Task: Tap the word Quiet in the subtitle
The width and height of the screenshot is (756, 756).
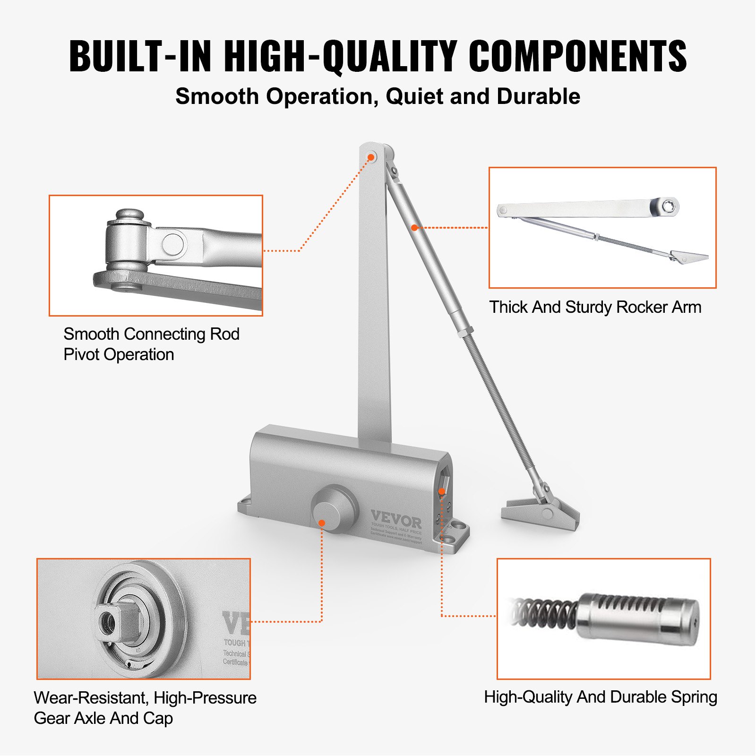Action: click(414, 96)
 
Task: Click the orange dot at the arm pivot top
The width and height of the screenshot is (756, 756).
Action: click(371, 157)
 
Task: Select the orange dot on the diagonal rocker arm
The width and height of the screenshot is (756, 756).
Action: click(414, 228)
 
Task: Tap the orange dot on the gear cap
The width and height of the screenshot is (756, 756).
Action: click(322, 523)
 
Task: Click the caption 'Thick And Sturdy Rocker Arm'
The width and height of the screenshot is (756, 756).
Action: click(595, 307)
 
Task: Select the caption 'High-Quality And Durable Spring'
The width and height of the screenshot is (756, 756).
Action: click(601, 697)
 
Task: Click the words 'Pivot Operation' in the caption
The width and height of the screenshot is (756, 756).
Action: click(119, 354)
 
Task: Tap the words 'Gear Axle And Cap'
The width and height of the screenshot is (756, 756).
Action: click(103, 718)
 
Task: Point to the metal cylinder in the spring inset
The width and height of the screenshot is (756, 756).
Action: click(638, 619)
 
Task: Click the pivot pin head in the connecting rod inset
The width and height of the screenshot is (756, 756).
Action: click(129, 216)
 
